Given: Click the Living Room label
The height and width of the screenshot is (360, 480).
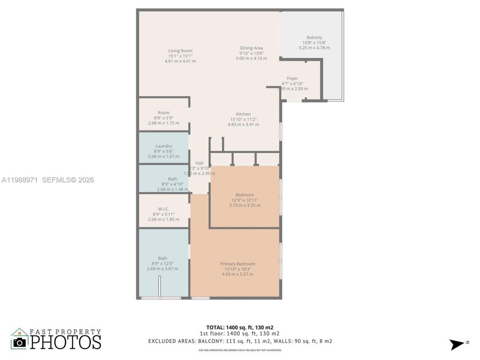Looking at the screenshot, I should [x=180, y=51].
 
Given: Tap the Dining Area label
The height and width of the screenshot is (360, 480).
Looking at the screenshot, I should [x=251, y=48].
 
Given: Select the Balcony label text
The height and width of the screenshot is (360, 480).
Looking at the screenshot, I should [x=314, y=37].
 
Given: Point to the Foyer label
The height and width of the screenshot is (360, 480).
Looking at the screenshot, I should [x=292, y=78].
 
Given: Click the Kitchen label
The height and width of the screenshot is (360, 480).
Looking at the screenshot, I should [x=243, y=114].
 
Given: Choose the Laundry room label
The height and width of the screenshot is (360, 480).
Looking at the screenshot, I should [x=163, y=146].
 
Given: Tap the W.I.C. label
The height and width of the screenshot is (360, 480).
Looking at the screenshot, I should [x=163, y=209].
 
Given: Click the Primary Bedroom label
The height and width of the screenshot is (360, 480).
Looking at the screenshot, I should [x=237, y=264].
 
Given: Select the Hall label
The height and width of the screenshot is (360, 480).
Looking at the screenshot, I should [x=199, y=163].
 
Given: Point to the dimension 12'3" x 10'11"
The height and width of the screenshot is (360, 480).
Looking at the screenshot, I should [x=244, y=200].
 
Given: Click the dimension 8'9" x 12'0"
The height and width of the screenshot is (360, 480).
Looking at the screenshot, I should [x=162, y=264].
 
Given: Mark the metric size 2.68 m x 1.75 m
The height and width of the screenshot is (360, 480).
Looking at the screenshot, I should [x=163, y=123].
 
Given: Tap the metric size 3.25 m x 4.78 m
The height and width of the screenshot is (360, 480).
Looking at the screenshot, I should [x=314, y=48].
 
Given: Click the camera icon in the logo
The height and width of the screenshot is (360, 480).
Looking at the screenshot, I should [x=19, y=342].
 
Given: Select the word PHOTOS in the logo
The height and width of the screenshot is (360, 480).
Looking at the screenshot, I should [x=66, y=342].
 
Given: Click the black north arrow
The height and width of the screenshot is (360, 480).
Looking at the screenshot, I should [x=457, y=344].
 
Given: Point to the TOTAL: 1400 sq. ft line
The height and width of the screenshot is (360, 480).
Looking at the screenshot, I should [x=240, y=327].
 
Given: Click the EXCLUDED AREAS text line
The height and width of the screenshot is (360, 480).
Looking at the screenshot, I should [x=240, y=341].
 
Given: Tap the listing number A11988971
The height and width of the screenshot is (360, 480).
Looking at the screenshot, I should [x=19, y=180].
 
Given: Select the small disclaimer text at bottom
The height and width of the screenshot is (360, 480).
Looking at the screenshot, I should [x=240, y=350].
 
